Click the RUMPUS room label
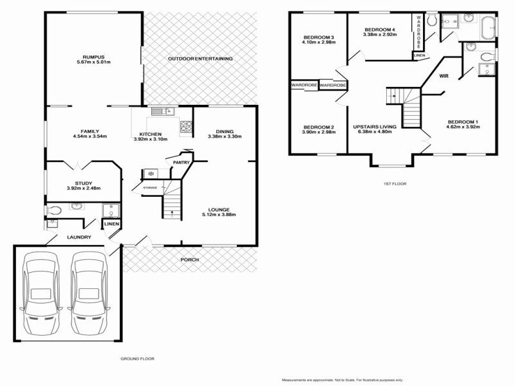93,56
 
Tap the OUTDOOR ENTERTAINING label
200,59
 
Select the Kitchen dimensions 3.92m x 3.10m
150,139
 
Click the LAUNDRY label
79,237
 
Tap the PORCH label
189,259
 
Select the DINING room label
224,131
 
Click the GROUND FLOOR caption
138,358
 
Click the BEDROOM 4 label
379,30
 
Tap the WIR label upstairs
444,77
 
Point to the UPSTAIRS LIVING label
374,127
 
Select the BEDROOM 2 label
318,127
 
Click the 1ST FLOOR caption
395,183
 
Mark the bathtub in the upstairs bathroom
489,28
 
